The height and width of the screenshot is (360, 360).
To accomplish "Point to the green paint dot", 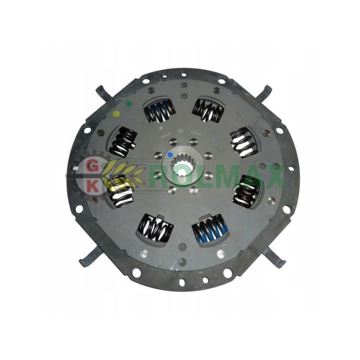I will (129, 104).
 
